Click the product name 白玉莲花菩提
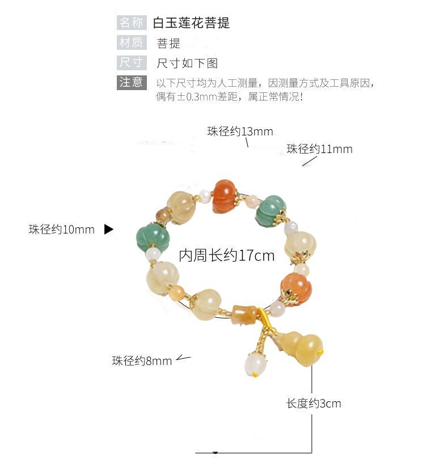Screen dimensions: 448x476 pos(191,23)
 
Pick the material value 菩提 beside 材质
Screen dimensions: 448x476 pos(168,43)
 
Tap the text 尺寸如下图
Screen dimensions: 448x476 pos(187,63)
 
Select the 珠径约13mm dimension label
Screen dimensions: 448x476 pos(240,131)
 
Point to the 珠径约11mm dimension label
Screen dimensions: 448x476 pos(319,149)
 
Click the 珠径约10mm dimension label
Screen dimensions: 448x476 pos(62,229)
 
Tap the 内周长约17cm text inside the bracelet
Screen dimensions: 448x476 pos(227,256)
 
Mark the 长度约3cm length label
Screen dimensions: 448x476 pos(314,403)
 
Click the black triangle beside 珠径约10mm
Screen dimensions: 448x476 pos(109,229)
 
